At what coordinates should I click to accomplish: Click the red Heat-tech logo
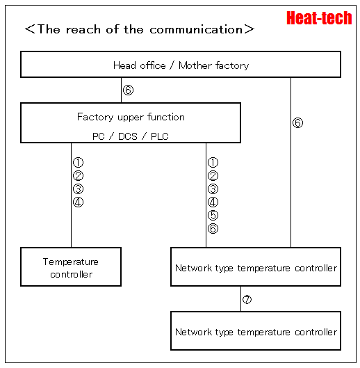[x=319, y=18]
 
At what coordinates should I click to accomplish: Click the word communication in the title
[x=196, y=30]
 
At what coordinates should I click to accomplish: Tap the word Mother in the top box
[x=195, y=65]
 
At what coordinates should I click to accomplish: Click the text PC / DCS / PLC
[x=131, y=136]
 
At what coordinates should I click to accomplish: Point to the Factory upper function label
[x=131, y=117]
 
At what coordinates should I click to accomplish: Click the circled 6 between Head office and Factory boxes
[x=128, y=90]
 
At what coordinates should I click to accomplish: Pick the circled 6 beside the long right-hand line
[x=297, y=122]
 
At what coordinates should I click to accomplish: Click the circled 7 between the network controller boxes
[x=247, y=299]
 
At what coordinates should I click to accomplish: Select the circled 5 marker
[x=213, y=215]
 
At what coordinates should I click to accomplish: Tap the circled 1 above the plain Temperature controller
[x=78, y=162]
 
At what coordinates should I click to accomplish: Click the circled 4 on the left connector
[x=78, y=202]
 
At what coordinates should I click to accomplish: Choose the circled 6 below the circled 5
[x=213, y=229]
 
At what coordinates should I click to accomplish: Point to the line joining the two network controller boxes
[x=240, y=298]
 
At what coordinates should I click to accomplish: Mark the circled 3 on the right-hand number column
[x=213, y=189]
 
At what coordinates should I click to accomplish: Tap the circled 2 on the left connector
[x=78, y=175]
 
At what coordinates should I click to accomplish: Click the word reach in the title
[x=83, y=30]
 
